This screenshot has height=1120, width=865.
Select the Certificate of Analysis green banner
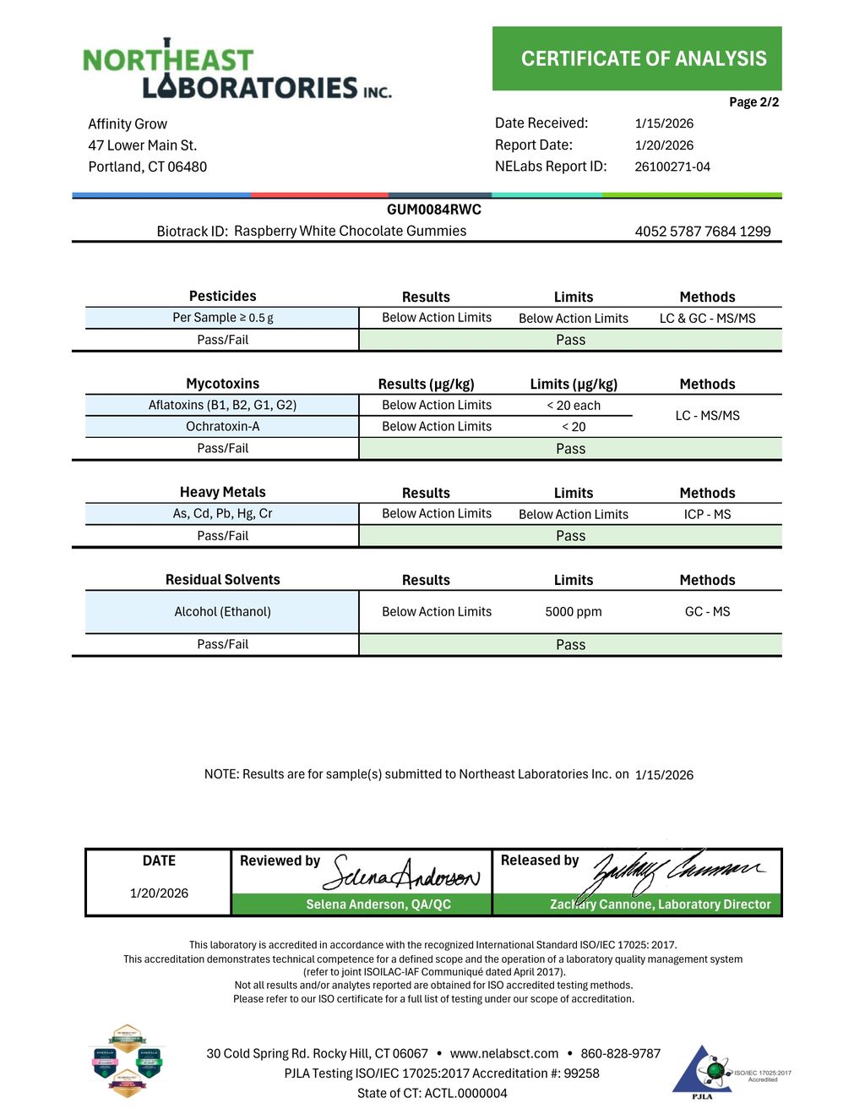pos(637,58)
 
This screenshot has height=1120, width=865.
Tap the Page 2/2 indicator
pos(753,102)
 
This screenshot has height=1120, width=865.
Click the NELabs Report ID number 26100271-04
pos(672,167)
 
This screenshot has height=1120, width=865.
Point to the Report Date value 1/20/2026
pos(664,145)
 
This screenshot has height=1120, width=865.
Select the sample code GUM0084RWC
pos(433,210)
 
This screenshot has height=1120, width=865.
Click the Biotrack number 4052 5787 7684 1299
pos(703,232)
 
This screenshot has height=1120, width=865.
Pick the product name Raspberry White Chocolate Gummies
pos(350,231)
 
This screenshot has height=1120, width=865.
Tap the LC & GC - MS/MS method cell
pos(707,319)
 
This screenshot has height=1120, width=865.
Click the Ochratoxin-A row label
pos(222,427)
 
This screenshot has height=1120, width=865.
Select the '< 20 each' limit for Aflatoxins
pos(574,406)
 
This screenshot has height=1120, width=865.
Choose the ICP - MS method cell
pos(707,514)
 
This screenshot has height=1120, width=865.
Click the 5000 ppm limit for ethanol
pos(574,612)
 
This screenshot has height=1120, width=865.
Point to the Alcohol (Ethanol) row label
pos(222,612)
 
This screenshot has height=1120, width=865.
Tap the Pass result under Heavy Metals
pos(570,536)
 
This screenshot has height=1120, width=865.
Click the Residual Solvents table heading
pos(222,580)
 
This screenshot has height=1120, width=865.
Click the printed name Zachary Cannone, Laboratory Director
pos(660,904)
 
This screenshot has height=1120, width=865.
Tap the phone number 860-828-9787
pos(620,1053)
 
